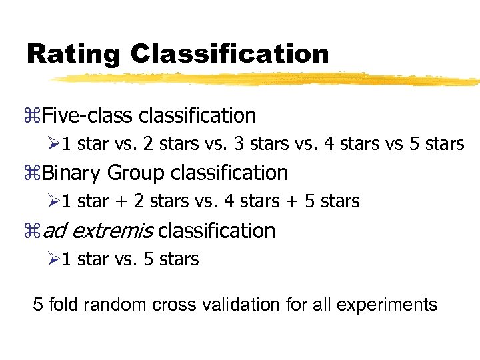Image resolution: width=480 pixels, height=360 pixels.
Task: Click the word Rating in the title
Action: coord(74,54)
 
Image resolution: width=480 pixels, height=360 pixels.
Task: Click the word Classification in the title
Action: coord(230,54)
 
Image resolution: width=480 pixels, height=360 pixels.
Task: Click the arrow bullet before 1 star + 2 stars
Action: coord(53,201)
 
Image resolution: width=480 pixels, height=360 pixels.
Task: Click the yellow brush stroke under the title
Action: coord(267,79)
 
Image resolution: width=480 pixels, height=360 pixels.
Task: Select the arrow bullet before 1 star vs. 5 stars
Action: coord(53,259)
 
